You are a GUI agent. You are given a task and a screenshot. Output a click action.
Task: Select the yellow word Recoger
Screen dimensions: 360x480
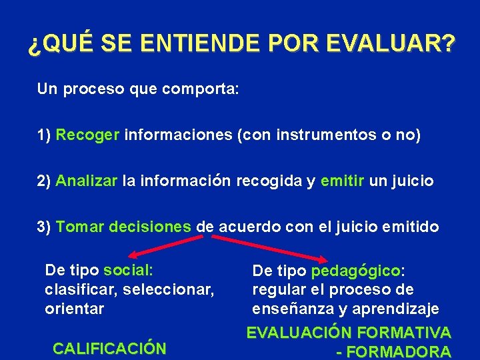(x=87, y=135)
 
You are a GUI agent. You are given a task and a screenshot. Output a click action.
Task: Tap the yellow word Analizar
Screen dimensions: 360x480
(x=87, y=181)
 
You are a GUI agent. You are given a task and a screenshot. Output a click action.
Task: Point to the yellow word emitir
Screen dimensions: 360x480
(x=342, y=181)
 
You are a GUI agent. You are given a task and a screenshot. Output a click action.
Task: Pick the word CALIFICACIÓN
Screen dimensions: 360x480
(x=109, y=348)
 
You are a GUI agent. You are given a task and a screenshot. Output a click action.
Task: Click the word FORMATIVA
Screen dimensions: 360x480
(x=405, y=332)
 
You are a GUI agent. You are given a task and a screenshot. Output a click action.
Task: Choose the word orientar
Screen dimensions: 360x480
(x=74, y=309)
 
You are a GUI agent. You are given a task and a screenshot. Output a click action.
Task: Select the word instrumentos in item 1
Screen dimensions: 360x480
(x=312, y=135)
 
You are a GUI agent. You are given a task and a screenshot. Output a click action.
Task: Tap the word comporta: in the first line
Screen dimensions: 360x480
(x=200, y=89)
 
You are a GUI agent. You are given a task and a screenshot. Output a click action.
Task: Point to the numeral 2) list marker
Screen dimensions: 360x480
(x=44, y=181)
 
